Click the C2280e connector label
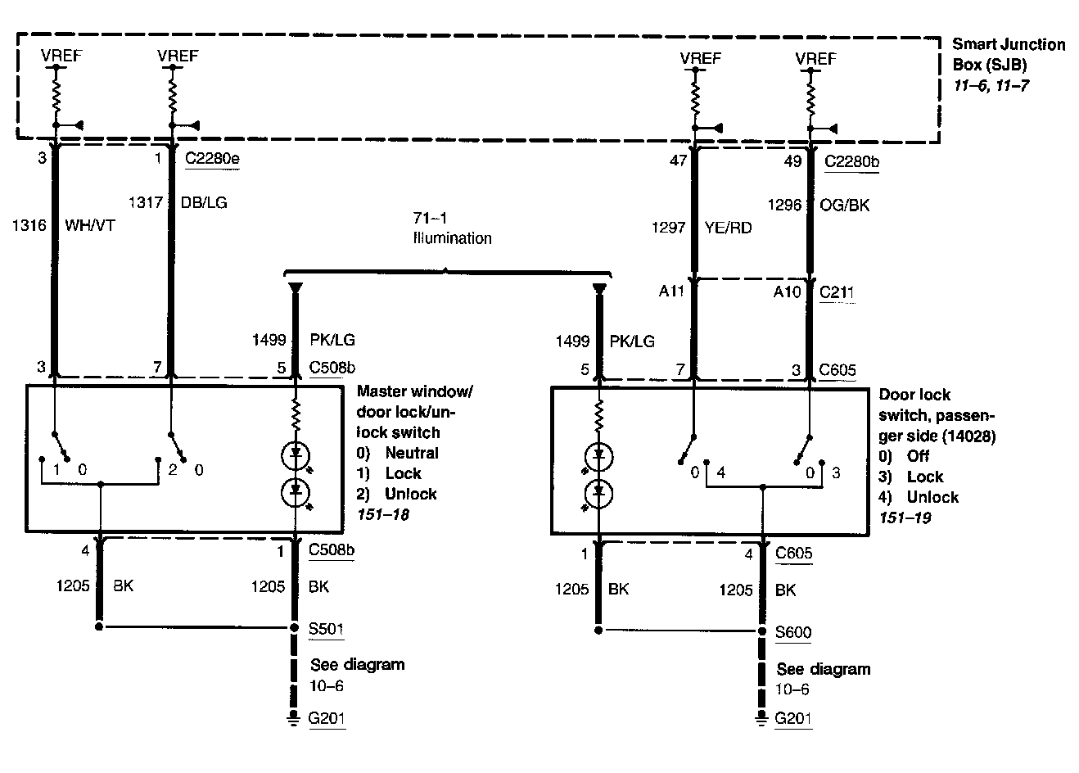[212, 160]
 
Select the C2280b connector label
[852, 161]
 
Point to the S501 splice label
[326, 629]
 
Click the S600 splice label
[793, 632]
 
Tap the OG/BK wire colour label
[845, 205]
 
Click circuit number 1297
[667, 228]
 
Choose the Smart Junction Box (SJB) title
[1009, 54]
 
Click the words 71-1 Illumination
[452, 229]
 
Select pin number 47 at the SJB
[678, 161]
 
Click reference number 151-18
[383, 514]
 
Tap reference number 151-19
[905, 518]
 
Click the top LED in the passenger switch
[599, 455]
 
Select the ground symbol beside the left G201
[291, 719]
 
